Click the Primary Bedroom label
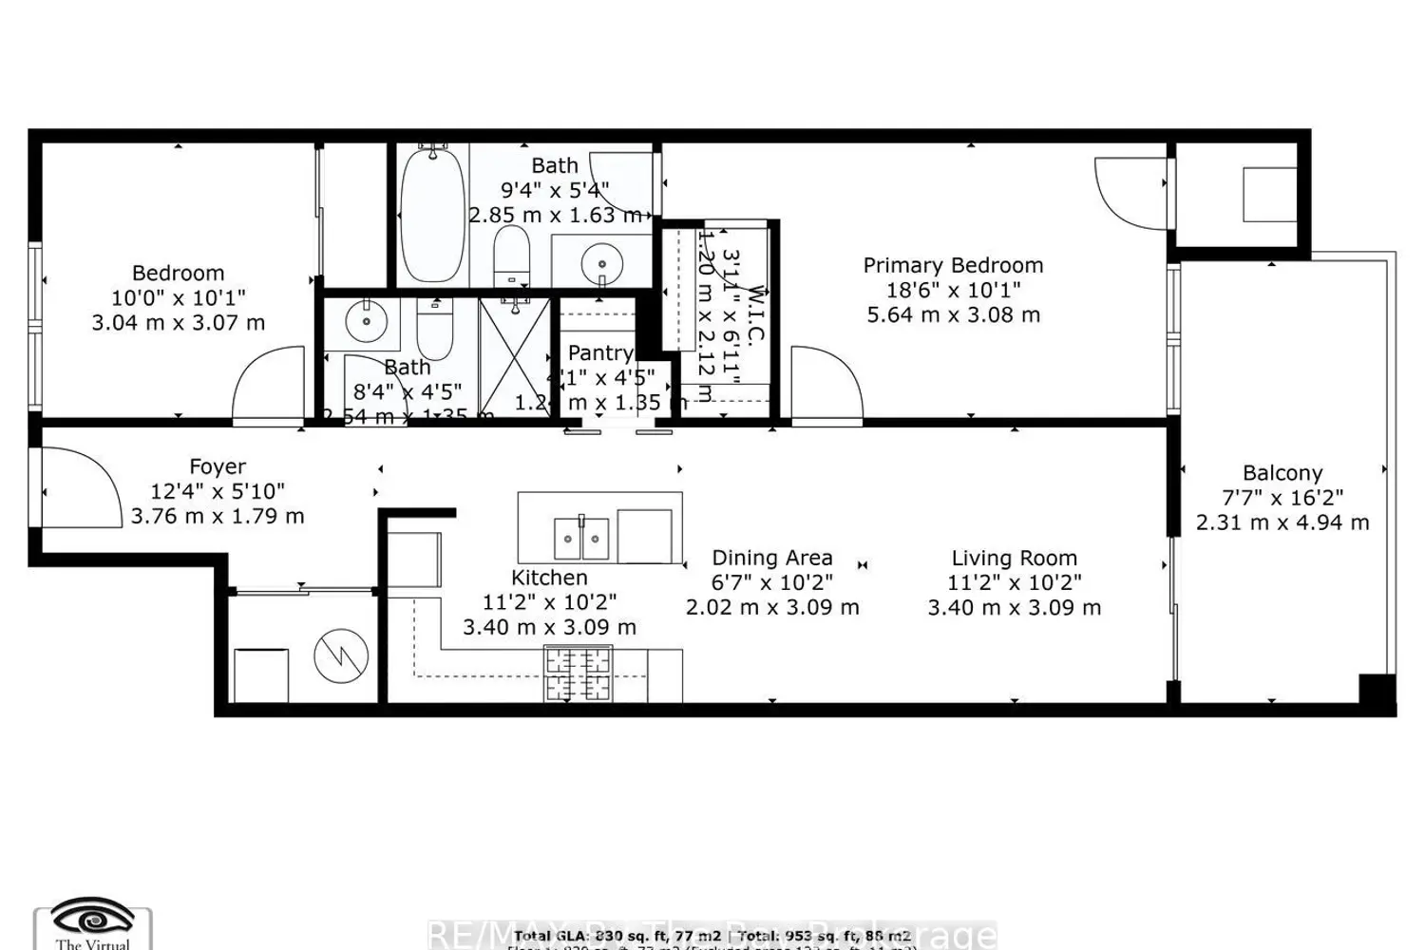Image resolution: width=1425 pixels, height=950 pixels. tap(953, 266)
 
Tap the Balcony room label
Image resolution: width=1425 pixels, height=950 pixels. tap(1282, 473)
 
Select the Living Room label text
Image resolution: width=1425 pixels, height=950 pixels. tap(1015, 559)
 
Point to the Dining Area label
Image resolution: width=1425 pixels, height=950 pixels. tap(772, 559)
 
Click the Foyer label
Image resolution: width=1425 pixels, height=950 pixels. tap(218, 467)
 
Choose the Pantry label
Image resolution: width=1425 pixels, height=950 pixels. tap(600, 353)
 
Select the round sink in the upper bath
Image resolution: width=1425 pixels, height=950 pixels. tap(600, 259)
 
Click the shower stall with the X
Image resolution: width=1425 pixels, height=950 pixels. tap(514, 357)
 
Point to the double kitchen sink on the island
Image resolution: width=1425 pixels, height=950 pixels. tap(581, 539)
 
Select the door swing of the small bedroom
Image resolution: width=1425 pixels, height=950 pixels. tap(268, 384)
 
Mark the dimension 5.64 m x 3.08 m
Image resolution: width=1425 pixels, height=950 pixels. tap(953, 315)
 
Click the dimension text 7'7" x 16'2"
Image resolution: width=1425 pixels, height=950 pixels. tap(1282, 498)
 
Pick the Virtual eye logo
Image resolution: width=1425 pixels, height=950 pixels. tap(92, 920)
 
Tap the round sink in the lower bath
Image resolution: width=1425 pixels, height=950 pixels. tap(366, 321)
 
